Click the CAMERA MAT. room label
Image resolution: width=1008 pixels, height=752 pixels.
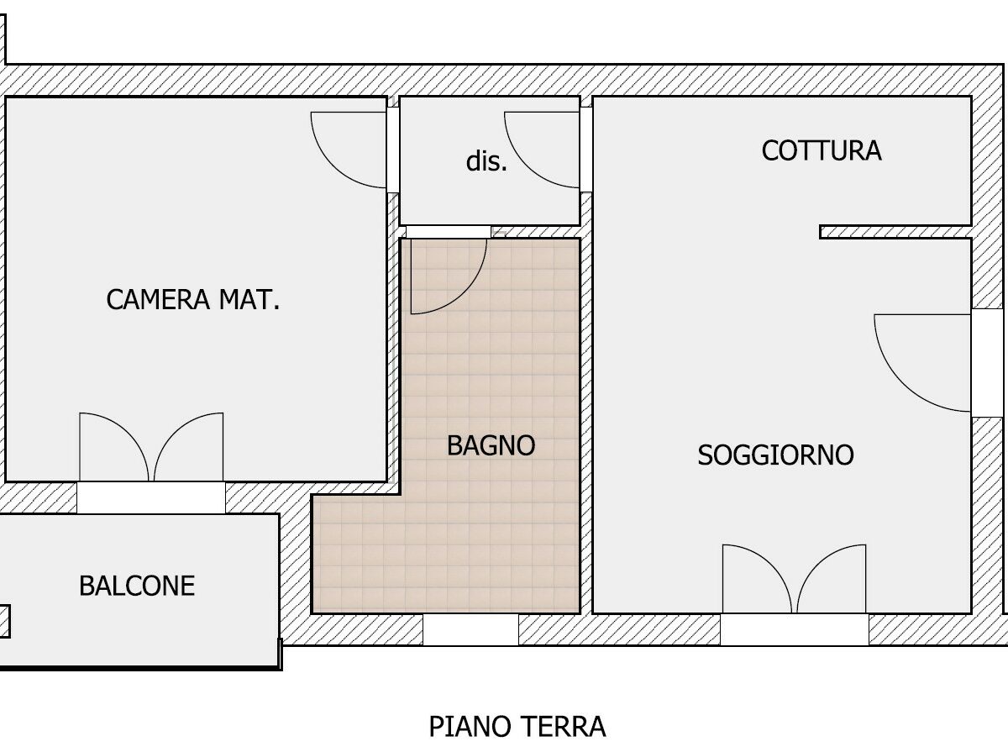(193, 299)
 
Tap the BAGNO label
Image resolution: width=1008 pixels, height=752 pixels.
(491, 445)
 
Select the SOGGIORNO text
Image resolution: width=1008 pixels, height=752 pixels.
(775, 455)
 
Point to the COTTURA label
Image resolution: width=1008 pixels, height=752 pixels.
(822, 150)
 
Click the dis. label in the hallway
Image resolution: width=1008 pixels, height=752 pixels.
(486, 161)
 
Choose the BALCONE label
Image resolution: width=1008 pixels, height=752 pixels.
(137, 586)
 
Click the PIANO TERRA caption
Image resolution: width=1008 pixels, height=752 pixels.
(517, 726)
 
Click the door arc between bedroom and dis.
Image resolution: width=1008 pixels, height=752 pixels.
(333, 166)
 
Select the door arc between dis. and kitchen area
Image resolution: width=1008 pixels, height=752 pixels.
(527, 166)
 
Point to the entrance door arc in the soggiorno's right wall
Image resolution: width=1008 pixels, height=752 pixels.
(902, 383)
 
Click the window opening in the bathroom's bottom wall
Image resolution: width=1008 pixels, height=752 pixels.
(470, 629)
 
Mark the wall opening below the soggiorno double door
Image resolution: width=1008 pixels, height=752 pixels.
(795, 629)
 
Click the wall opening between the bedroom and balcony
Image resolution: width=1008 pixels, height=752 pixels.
(151, 497)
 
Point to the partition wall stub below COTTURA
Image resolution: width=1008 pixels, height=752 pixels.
(895, 232)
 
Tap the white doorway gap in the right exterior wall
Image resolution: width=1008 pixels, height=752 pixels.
(987, 363)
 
